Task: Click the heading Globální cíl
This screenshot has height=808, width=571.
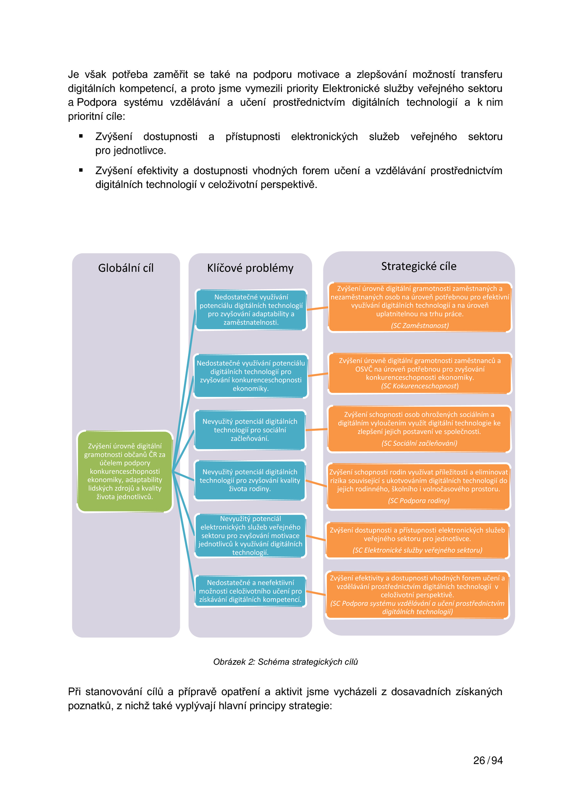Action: [126, 268]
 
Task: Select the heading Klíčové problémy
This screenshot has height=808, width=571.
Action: [250, 268]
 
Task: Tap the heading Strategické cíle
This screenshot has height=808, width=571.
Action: [419, 266]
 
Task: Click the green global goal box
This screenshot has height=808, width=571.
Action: [125, 471]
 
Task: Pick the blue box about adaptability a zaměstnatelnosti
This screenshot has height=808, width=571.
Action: [251, 310]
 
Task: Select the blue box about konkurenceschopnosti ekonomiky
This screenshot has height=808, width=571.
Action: [251, 376]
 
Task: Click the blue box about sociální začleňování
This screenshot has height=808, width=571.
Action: [250, 430]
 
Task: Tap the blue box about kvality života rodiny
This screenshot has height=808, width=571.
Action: [250, 480]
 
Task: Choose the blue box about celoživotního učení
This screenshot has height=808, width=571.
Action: [250, 591]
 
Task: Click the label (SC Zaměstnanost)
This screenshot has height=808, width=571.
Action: [420, 325]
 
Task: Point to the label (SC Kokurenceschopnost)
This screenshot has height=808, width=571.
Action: [420, 386]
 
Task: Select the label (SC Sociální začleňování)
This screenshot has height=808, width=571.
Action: [419, 443]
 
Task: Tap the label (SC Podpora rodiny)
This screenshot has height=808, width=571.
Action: [419, 500]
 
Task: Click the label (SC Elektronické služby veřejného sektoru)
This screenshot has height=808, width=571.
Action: [417, 550]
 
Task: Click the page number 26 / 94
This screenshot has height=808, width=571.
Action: [488, 760]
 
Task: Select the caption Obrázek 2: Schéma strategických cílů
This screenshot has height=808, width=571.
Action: [285, 662]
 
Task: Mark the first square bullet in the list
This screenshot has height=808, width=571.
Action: [81, 136]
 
